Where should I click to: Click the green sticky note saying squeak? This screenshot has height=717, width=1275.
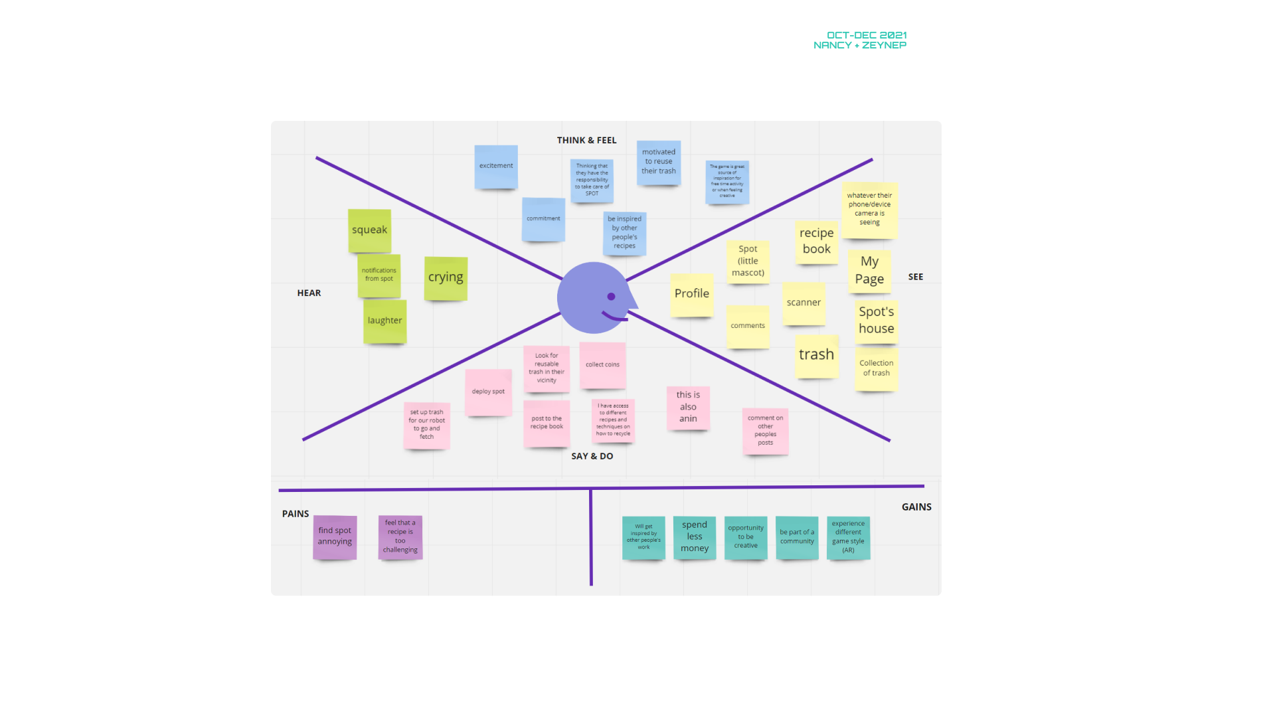[x=369, y=230]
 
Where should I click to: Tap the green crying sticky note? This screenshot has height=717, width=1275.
[x=446, y=278]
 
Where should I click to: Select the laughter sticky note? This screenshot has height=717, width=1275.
[x=384, y=321]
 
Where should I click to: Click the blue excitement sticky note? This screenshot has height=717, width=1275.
[x=496, y=166]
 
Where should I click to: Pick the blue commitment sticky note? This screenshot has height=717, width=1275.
[x=543, y=218]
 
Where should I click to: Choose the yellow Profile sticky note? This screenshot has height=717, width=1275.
[x=692, y=294]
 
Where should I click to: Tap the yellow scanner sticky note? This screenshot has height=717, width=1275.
[x=804, y=303]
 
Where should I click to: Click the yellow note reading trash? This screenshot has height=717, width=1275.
[x=817, y=355]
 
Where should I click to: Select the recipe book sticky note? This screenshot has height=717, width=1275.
[x=817, y=241]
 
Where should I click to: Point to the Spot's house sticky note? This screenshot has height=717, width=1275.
[x=877, y=321]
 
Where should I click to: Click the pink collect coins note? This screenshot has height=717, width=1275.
[x=602, y=364]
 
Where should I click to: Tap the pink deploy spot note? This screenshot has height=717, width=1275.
[x=488, y=392]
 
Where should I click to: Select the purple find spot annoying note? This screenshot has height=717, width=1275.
[x=335, y=536]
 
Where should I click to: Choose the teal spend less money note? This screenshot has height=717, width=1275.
[x=695, y=536]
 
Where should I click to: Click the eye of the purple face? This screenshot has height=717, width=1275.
[x=611, y=297]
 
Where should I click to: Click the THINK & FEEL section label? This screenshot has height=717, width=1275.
[x=586, y=140]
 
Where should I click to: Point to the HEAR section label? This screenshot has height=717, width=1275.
[x=309, y=293]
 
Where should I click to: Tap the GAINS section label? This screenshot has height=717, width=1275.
[x=916, y=507]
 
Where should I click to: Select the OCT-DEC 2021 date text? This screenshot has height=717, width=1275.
[x=867, y=35]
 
